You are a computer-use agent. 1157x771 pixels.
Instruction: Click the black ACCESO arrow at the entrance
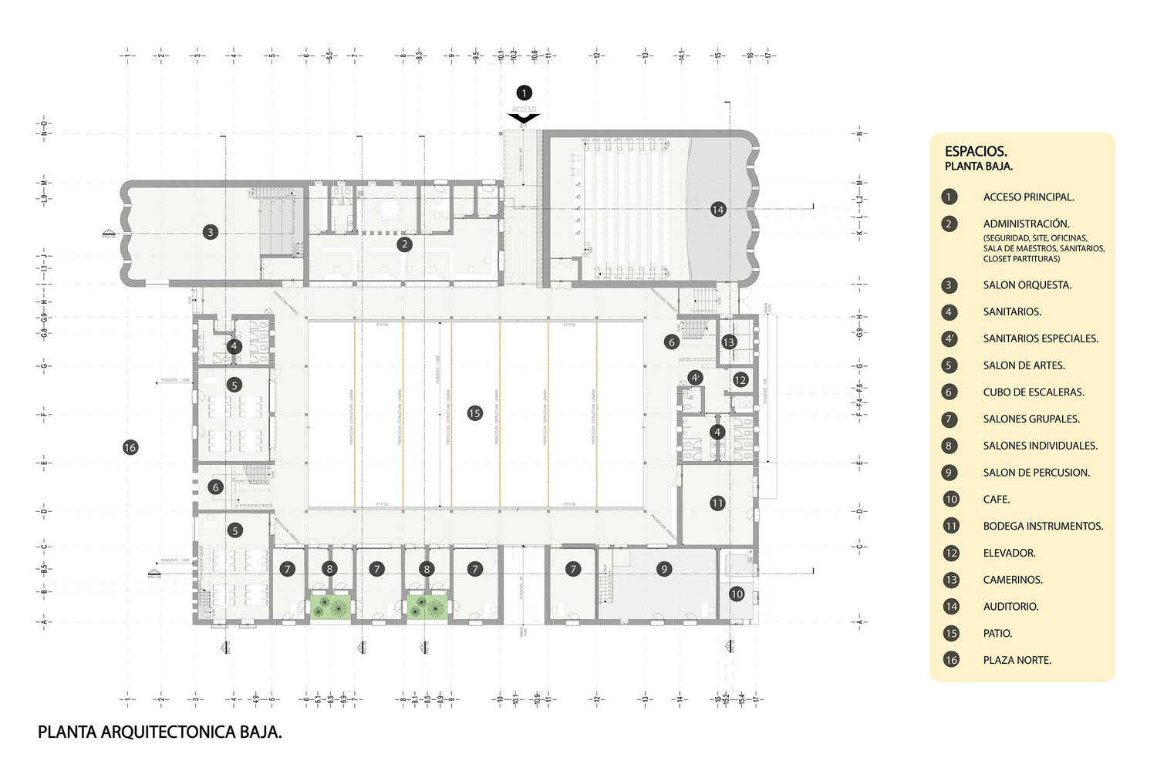pyautogui.click(x=524, y=118)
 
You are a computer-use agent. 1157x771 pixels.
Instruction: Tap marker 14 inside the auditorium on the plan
pyautogui.click(x=718, y=210)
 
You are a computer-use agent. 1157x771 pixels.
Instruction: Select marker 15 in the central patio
pyautogui.click(x=474, y=413)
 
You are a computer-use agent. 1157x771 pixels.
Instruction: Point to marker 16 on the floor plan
pyautogui.click(x=130, y=447)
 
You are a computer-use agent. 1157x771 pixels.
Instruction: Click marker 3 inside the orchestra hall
pyautogui.click(x=210, y=231)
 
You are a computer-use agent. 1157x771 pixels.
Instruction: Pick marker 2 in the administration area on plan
pyautogui.click(x=404, y=244)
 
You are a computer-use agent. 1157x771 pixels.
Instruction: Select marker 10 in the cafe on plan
pyautogui.click(x=737, y=594)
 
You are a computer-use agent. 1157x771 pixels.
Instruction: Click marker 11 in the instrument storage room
pyautogui.click(x=717, y=503)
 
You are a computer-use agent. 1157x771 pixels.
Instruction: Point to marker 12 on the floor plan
pyautogui.click(x=740, y=379)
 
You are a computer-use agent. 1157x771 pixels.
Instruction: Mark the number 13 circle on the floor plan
pyautogui.click(x=729, y=342)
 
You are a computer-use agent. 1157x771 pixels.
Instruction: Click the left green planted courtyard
pyautogui.click(x=331, y=605)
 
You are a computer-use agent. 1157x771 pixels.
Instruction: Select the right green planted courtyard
pyautogui.click(x=427, y=605)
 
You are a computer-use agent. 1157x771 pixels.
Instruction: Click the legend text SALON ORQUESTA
pyautogui.click(x=1027, y=285)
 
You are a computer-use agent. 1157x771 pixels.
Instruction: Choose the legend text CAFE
pyautogui.click(x=997, y=500)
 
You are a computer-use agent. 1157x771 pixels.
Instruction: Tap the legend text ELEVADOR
pyautogui.click(x=1009, y=553)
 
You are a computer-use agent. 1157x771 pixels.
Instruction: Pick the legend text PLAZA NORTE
pyautogui.click(x=1017, y=660)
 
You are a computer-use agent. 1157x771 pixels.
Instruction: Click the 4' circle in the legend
pyautogui.click(x=950, y=338)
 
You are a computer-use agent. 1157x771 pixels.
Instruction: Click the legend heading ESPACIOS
pyautogui.click(x=976, y=152)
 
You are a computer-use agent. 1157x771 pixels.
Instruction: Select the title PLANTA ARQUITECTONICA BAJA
pyautogui.click(x=160, y=732)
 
